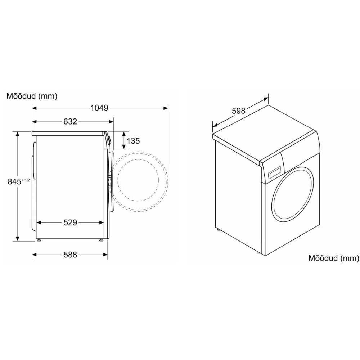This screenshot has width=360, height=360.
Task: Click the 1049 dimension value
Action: pyautogui.click(x=99, y=108)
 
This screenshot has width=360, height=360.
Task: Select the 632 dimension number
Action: pyautogui.click(x=70, y=121)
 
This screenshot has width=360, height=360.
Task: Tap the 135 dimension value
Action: pyautogui.click(x=133, y=140)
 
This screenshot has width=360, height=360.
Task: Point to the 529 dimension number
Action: pyautogui.click(x=70, y=222)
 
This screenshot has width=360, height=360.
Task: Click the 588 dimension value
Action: pyautogui.click(x=70, y=255)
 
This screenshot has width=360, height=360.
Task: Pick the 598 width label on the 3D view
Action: pyautogui.click(x=239, y=111)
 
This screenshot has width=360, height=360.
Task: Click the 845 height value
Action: pyautogui.click(x=14, y=181)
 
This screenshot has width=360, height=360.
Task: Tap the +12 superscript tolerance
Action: pyautogui.click(x=26, y=180)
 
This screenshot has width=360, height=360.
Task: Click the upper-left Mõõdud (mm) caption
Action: pyautogui.click(x=32, y=96)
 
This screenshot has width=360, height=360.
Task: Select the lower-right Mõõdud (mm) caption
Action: pyautogui.click(x=334, y=258)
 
